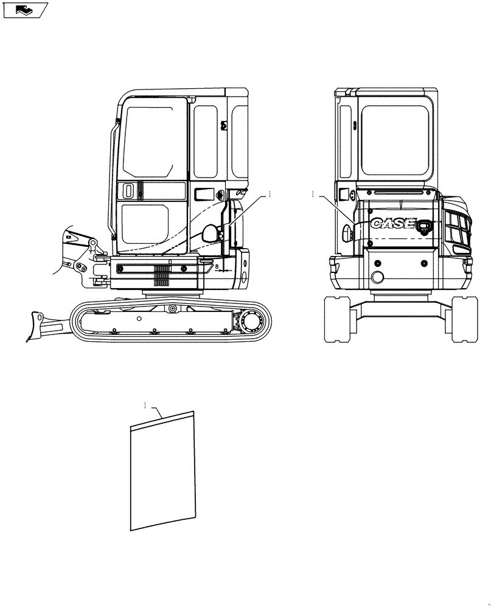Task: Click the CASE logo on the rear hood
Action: click(392, 224)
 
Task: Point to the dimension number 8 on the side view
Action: click(217, 266)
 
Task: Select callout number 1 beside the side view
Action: click(268, 195)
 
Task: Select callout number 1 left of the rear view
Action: click(312, 195)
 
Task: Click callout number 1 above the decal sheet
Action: click(145, 404)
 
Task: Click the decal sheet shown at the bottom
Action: click(162, 471)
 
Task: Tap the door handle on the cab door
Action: click(128, 191)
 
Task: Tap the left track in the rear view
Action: click(339, 318)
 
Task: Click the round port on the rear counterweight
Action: click(378, 278)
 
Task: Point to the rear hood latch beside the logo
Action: click(424, 226)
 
